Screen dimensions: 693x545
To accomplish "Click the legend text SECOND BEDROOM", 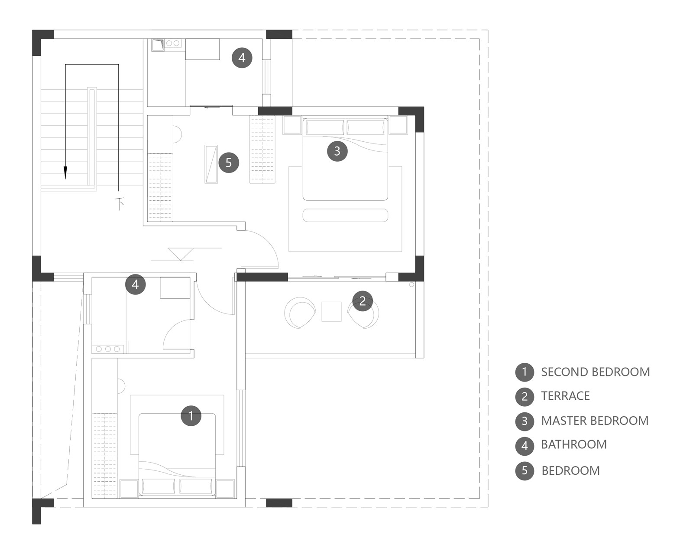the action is pyautogui.click(x=595, y=372).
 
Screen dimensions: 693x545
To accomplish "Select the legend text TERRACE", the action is pyautogui.click(x=565, y=396).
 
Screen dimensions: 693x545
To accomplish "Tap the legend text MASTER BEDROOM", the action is pyautogui.click(x=595, y=421).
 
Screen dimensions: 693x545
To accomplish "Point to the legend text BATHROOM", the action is pyautogui.click(x=574, y=444).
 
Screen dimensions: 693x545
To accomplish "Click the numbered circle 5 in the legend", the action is pyautogui.click(x=525, y=471).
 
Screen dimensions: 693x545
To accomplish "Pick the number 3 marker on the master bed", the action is pyautogui.click(x=337, y=151).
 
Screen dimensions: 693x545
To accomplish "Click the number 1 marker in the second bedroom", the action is pyautogui.click(x=191, y=416).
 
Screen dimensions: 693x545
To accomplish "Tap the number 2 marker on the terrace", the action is pyautogui.click(x=362, y=301).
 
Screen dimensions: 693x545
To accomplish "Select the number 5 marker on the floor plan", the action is pyautogui.click(x=228, y=163).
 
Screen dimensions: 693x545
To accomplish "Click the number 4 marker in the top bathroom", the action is pyautogui.click(x=242, y=58).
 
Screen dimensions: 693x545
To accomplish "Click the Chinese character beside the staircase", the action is pyautogui.click(x=120, y=204).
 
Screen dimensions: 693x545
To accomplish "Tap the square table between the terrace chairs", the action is pyautogui.click(x=331, y=311).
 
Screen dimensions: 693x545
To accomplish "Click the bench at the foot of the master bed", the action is pyautogui.click(x=345, y=215).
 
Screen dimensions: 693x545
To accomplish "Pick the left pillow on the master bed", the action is pyautogui.click(x=325, y=127).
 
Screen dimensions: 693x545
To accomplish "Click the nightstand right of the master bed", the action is pyautogui.click(x=398, y=125).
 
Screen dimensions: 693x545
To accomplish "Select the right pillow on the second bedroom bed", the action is pyautogui.click(x=196, y=486).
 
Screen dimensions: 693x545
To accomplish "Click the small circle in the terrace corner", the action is pyautogui.click(x=411, y=284).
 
